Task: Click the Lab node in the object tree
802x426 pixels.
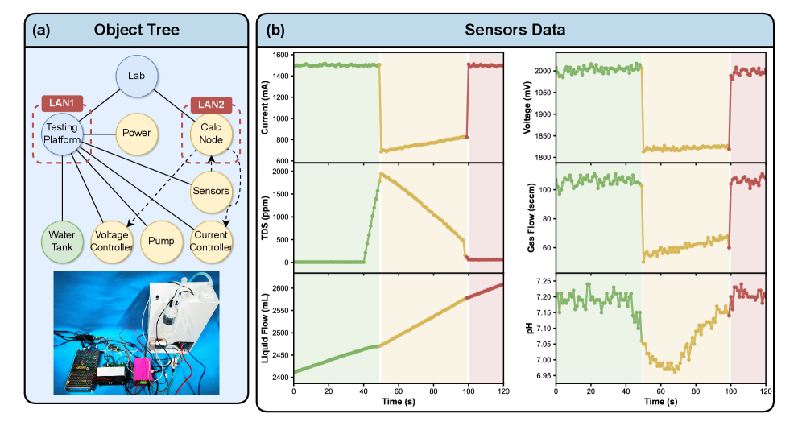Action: (135, 77)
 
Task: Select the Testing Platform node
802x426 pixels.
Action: (63, 134)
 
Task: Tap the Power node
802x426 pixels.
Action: (136, 134)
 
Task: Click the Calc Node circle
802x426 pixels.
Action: (210, 134)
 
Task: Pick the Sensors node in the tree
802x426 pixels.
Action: (210, 191)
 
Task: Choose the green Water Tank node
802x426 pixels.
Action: (63, 241)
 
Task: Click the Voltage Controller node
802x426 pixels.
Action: (112, 241)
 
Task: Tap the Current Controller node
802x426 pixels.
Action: (210, 241)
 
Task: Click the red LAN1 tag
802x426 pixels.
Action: (62, 104)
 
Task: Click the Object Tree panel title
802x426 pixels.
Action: (136, 31)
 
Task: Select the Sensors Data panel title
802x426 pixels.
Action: (515, 31)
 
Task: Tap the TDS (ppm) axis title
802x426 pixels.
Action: (265, 217)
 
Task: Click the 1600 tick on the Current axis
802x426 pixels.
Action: (279, 56)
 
